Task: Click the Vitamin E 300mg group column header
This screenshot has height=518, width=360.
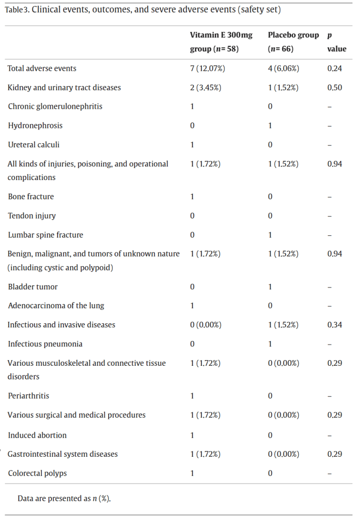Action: pos(221,42)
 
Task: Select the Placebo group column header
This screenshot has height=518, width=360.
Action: pos(293,42)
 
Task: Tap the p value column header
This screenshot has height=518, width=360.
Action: pos(336,42)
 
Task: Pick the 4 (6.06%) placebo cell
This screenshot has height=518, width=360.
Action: pos(283,68)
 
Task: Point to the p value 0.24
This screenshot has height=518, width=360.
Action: pos(335,68)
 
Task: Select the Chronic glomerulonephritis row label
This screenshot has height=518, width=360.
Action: pos(55,106)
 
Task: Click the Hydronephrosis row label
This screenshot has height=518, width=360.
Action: pos(35,125)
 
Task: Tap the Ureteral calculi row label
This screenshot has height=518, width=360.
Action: pos(34,145)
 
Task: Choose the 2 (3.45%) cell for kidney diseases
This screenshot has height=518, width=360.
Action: pos(206,88)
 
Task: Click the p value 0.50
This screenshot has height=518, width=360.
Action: pos(335,88)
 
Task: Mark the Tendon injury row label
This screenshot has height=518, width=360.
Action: pos(32,216)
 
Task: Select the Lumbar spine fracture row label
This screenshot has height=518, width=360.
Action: pos(46,235)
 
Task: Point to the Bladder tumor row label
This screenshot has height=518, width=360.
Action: pos(33,287)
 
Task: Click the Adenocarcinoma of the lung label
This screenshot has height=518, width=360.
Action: pos(56,306)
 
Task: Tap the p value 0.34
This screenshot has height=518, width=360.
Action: pos(335,325)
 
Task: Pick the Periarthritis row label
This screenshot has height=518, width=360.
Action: pos(28,396)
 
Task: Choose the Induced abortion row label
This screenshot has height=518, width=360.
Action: pos(37,435)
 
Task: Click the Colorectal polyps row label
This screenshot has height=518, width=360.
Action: pos(37,473)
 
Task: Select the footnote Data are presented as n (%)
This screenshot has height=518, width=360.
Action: pos(64,498)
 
